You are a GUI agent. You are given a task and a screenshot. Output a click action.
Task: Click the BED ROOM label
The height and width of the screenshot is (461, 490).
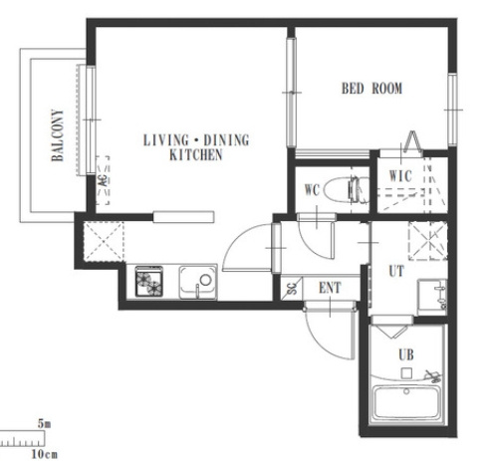[x=371, y=89]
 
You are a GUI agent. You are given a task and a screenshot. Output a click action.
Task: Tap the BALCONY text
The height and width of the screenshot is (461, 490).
[x=57, y=135]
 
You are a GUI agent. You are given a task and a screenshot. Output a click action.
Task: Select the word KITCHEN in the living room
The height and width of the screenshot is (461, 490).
[x=196, y=155]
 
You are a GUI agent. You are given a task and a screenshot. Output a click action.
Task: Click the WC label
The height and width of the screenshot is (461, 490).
[x=312, y=190]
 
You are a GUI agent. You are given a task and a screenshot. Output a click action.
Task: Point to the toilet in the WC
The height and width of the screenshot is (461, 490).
[x=347, y=190]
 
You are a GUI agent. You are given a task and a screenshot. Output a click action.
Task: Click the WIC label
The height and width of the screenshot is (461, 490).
[x=400, y=176]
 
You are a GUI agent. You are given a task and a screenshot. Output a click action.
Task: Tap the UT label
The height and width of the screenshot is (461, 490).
[x=396, y=271]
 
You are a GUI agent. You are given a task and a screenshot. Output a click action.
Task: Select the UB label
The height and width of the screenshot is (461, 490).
[x=406, y=354]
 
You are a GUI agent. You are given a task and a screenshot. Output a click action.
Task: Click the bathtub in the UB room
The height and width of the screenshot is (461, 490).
[x=406, y=403]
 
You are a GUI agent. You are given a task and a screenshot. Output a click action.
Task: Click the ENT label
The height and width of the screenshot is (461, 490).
[x=330, y=288]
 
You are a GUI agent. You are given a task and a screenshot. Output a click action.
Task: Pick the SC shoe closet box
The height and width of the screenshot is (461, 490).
[x=292, y=288]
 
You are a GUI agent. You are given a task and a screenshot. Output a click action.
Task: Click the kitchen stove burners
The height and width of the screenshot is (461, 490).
[x=149, y=281]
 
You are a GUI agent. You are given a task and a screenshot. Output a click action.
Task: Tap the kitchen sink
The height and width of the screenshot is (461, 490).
[x=198, y=282]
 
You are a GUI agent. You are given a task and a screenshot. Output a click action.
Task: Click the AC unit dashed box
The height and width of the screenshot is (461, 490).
[x=103, y=180]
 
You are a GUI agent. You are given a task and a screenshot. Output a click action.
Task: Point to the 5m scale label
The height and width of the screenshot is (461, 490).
[x=44, y=424]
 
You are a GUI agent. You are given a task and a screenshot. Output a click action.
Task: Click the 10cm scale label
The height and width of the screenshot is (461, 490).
[x=44, y=454]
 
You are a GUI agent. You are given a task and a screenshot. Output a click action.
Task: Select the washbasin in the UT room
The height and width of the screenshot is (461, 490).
[x=432, y=297]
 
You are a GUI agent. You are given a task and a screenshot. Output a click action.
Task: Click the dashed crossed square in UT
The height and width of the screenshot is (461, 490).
[x=428, y=240]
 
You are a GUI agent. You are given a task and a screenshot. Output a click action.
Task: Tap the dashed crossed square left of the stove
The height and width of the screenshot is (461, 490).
[x=104, y=241]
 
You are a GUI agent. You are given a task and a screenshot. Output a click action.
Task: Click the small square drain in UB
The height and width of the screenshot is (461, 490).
[x=406, y=373]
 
